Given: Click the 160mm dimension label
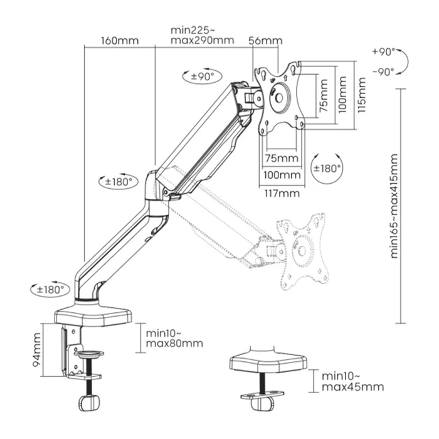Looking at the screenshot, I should click(x=119, y=41).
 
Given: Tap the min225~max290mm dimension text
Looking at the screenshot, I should click(x=201, y=35).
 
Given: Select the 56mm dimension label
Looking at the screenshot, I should click(x=265, y=41).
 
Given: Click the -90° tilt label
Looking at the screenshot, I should click(x=383, y=71).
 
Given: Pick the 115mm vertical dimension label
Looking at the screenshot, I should click(x=361, y=94).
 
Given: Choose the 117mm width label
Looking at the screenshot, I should click(x=282, y=193).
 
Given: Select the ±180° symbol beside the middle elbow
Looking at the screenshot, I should click(x=118, y=181).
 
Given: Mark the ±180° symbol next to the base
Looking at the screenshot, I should click(x=50, y=290).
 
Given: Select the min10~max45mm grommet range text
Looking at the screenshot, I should click(x=352, y=381).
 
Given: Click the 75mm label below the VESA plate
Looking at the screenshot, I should click(x=282, y=157).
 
